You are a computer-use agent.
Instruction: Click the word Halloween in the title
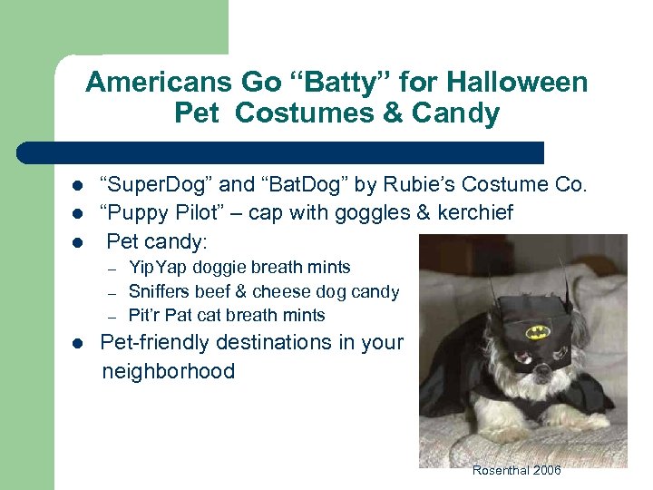coord(512,83)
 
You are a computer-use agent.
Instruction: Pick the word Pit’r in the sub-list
coord(145,316)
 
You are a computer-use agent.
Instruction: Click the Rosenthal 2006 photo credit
coord(516,470)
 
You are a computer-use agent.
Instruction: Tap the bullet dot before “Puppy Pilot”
coord(78,214)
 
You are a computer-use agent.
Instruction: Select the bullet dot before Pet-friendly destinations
coord(78,344)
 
